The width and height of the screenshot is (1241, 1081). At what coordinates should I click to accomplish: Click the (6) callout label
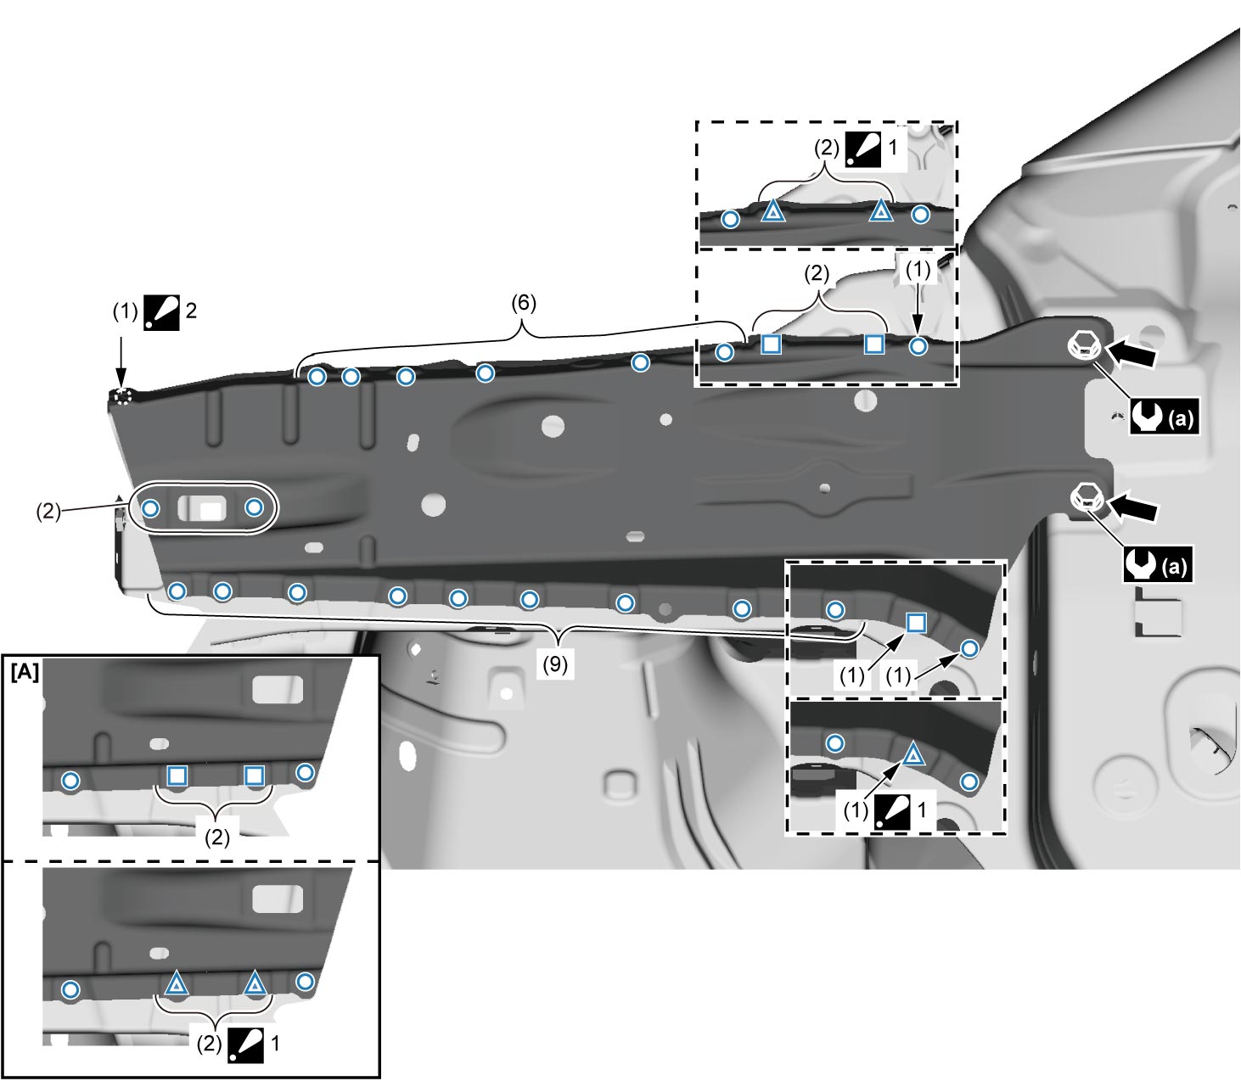point(524,302)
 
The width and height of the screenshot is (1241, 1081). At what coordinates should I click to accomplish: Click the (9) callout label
point(555,664)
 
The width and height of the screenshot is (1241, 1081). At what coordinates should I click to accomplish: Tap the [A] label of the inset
point(25,672)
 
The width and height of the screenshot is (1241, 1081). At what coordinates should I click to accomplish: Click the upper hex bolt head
point(1084,346)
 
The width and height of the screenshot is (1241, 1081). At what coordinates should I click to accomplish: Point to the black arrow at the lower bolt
point(1131,507)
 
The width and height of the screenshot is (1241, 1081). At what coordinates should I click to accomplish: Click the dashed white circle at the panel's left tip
point(122,396)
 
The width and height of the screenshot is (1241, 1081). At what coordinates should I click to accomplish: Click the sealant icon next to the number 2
point(161,312)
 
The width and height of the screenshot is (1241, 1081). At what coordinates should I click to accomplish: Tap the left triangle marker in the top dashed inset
point(772,211)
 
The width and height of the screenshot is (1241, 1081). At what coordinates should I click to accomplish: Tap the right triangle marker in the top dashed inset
point(881,211)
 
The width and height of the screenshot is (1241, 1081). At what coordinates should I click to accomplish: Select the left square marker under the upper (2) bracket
point(771,344)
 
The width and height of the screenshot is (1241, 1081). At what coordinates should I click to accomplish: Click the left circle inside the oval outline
point(150,508)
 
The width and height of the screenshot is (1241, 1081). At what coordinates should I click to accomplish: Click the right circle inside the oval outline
point(254,507)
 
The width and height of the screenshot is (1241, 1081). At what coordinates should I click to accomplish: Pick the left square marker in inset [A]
point(177,776)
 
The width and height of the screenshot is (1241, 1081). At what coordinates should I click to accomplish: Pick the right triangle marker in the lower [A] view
point(254,984)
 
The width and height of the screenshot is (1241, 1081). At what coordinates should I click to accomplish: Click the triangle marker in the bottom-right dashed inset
point(912,755)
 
